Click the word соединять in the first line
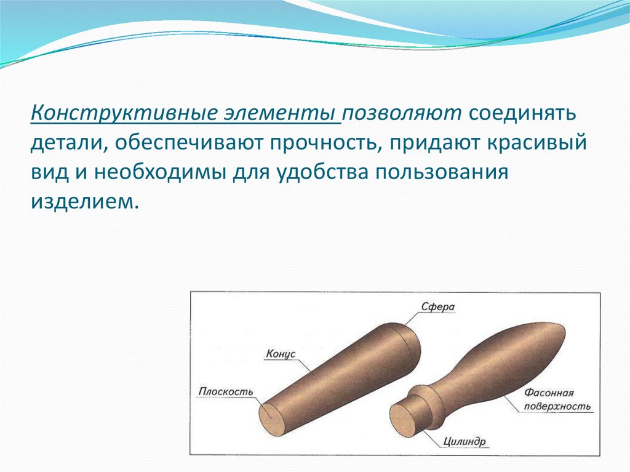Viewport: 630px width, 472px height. (x=523, y=114)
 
